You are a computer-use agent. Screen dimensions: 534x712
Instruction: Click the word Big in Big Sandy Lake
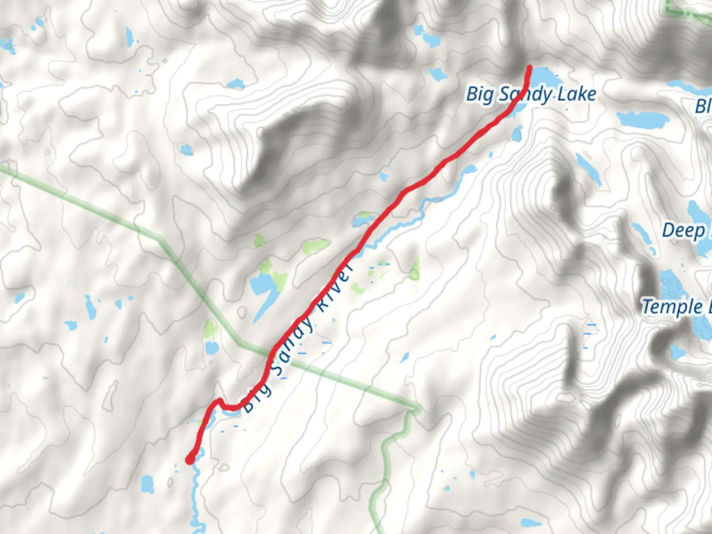click(479, 94)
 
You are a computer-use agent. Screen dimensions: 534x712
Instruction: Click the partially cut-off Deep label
click(684, 231)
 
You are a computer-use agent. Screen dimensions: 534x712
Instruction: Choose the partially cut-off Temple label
click(672, 307)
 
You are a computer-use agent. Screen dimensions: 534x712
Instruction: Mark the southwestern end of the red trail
click(189, 460)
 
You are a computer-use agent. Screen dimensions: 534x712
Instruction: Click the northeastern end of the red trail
click(530, 67)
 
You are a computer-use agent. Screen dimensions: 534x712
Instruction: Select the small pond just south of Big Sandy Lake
click(517, 133)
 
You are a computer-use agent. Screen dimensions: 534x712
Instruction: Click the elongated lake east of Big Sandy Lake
click(643, 119)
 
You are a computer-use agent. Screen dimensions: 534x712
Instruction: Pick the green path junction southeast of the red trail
click(414, 409)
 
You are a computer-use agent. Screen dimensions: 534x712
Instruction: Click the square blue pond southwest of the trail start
click(147, 484)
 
